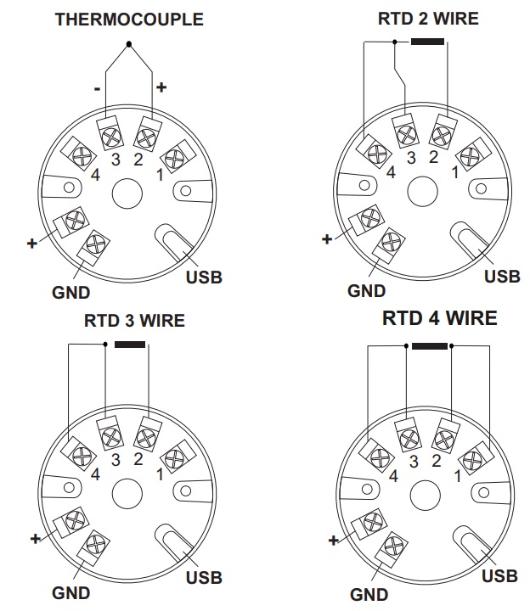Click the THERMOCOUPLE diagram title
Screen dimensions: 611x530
129,19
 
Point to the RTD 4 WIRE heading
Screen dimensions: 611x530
439,319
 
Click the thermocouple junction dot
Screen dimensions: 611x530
128,43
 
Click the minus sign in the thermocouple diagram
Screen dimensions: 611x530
99,87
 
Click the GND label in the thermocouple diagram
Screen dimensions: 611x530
71,293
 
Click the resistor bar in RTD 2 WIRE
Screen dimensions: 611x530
426,42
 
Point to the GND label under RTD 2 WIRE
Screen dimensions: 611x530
366,291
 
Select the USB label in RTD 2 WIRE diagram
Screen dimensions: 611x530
502,276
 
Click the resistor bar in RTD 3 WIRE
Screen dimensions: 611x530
130,345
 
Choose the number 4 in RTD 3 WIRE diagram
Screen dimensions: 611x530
95,475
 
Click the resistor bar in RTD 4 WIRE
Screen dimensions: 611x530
430,346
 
